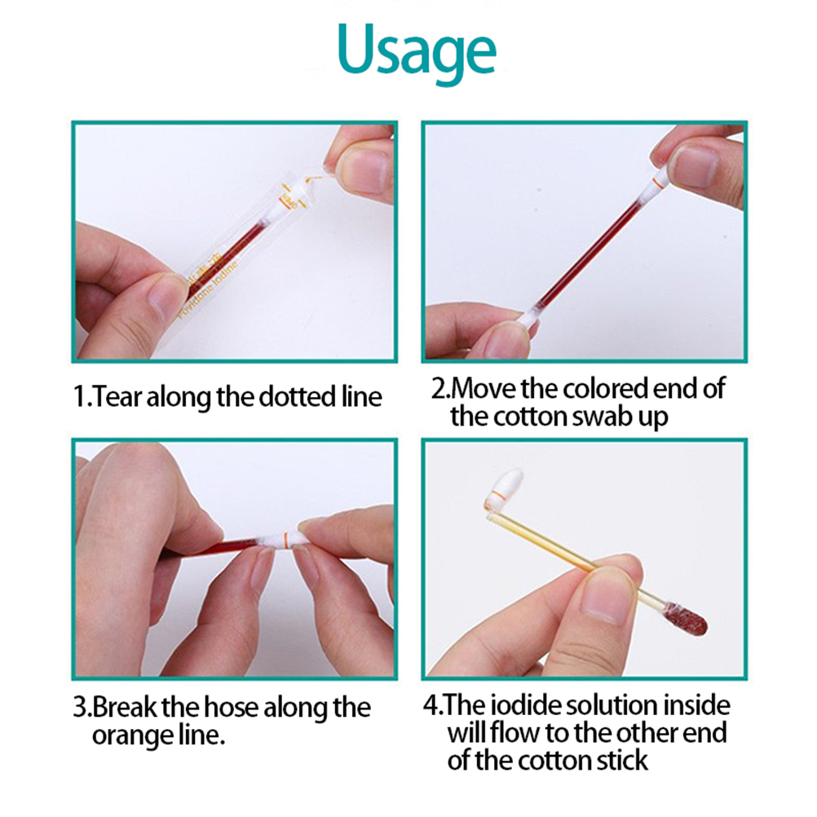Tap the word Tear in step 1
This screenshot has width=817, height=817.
pyautogui.click(x=117, y=396)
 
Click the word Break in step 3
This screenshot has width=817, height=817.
pyautogui.click(x=125, y=707)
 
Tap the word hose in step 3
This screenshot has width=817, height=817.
pyautogui.click(x=231, y=707)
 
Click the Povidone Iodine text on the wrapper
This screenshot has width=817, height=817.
pyautogui.click(x=207, y=289)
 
